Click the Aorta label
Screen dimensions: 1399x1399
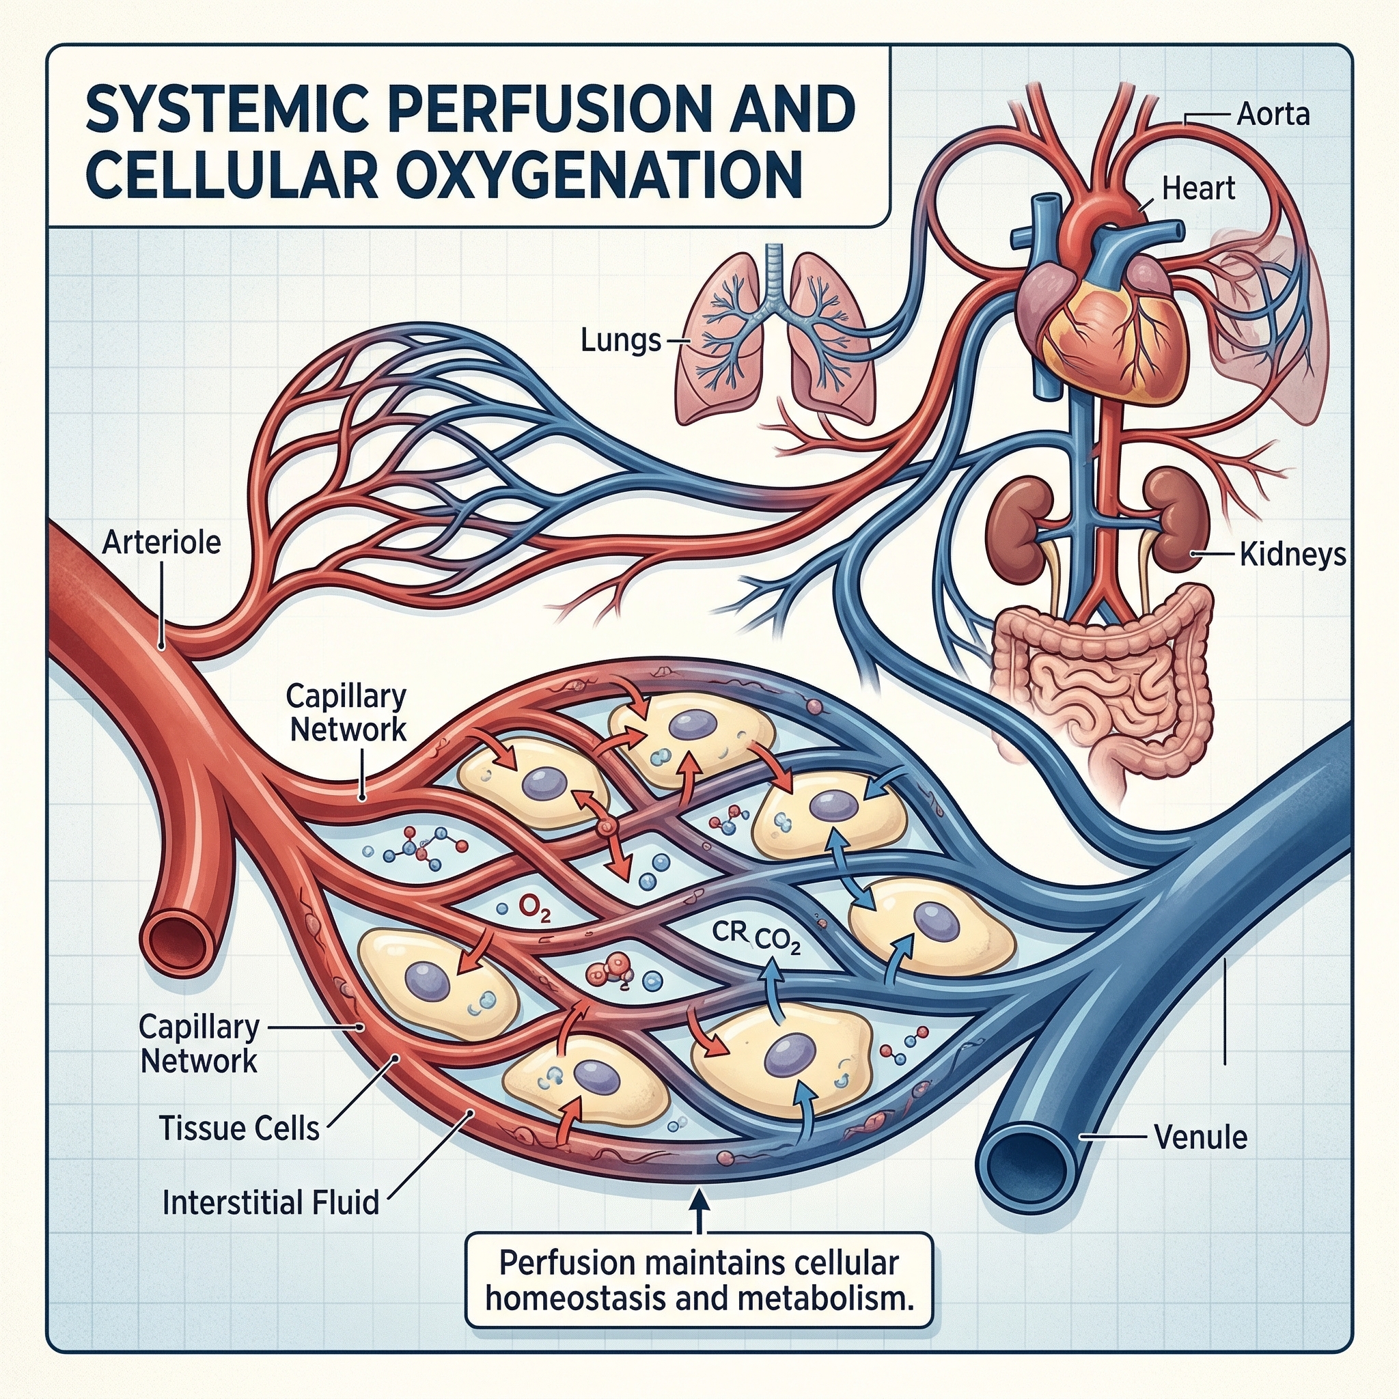1272,114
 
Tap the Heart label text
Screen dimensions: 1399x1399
1197,189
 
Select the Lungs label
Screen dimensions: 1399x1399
620,340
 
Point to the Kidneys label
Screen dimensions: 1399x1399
1292,555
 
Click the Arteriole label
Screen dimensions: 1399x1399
161,542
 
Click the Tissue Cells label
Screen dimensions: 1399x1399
239,1128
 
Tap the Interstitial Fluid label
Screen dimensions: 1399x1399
271,1203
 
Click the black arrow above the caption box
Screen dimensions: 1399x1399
699,1210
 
